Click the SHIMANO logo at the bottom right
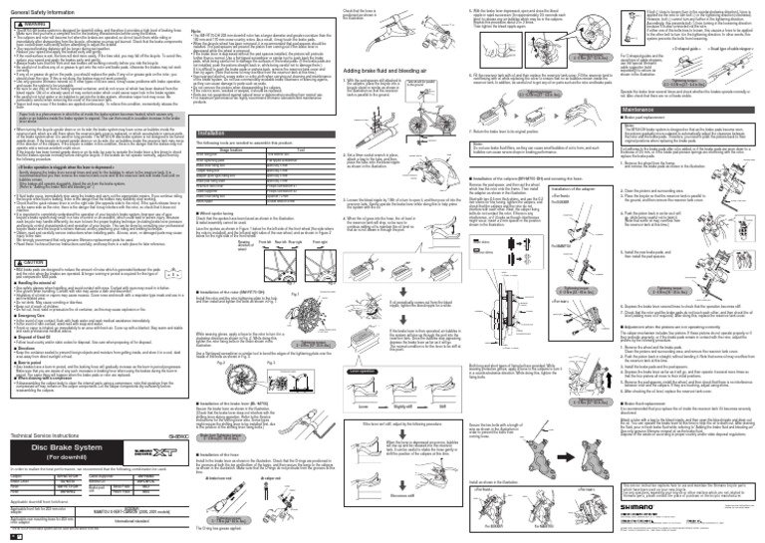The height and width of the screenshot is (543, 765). point(715,504)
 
